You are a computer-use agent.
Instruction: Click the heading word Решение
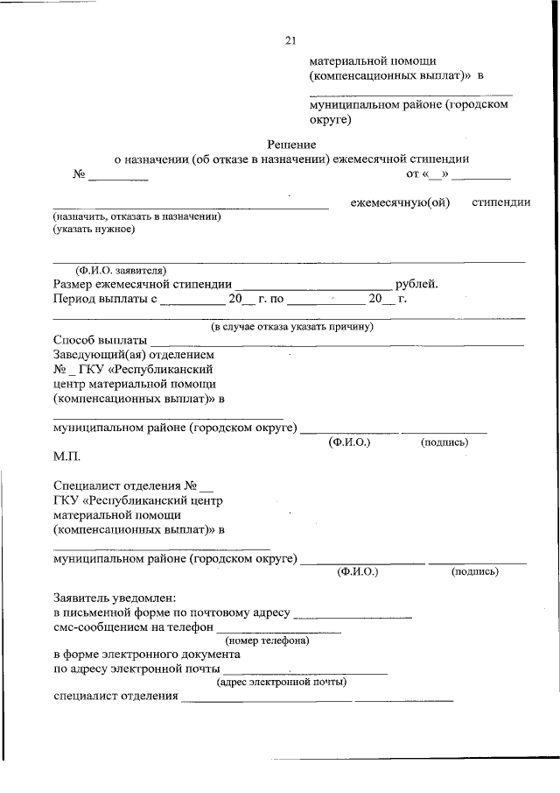291,144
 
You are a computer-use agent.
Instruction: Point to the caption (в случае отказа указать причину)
292,326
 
